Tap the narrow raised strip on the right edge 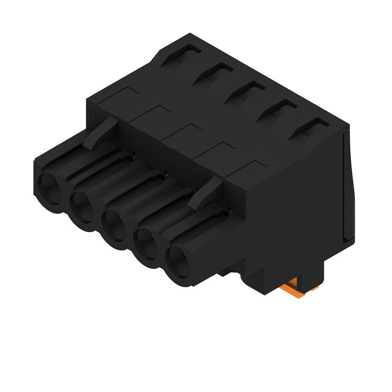coord(349,186)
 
